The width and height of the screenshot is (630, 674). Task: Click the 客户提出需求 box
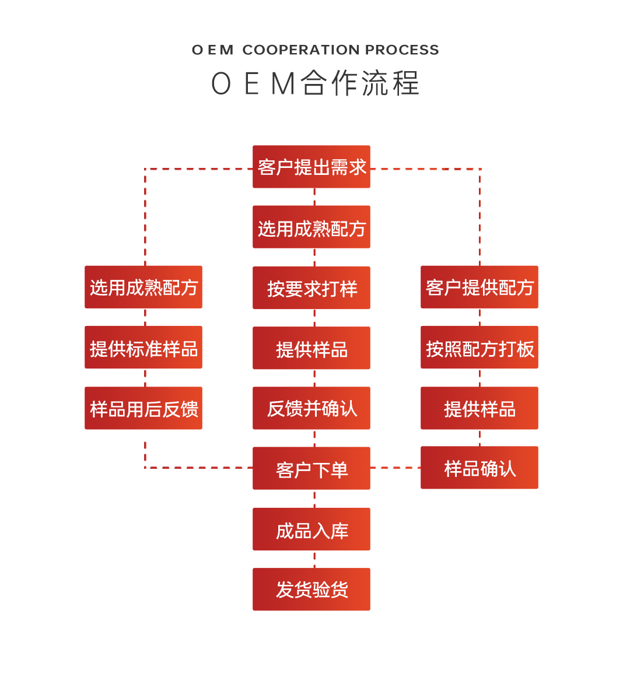coord(311,167)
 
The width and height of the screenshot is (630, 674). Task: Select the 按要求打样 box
coord(311,288)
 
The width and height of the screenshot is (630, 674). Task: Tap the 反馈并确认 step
coord(311,408)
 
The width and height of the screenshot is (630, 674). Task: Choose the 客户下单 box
coord(311,468)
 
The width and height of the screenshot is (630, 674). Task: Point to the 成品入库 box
coord(311,529)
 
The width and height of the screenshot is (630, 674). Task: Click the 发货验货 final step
coord(311,589)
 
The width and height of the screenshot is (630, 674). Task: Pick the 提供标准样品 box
coord(143,347)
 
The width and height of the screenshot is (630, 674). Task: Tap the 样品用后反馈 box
coord(143,408)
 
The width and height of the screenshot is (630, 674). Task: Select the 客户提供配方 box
coord(480,287)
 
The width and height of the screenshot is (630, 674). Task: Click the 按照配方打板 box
coord(480,347)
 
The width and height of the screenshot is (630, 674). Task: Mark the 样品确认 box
coord(480,468)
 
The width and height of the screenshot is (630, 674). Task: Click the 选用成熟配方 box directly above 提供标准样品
coord(143,287)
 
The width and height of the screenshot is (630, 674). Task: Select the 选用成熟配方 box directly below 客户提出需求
coord(311,227)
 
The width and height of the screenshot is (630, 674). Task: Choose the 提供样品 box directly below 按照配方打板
coord(480,408)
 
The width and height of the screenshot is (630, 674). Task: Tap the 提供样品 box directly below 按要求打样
coord(311,348)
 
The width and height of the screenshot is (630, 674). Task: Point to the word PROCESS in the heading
coord(402,50)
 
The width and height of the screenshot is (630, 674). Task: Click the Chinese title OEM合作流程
coord(315,83)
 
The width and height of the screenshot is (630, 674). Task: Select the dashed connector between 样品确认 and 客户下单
coord(395,468)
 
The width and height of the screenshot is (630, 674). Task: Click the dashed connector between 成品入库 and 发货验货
coord(314,559)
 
